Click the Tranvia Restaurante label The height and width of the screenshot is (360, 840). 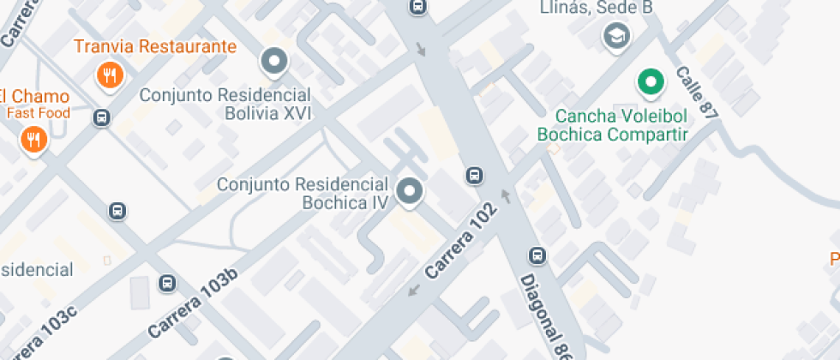(x=154, y=46)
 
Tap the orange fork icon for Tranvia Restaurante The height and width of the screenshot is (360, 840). (x=110, y=75)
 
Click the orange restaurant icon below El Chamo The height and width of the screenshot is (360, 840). (x=33, y=139)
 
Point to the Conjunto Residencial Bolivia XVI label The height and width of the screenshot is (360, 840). (x=224, y=103)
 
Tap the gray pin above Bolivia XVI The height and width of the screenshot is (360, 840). (x=274, y=62)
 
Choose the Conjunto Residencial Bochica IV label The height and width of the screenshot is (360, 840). (x=303, y=194)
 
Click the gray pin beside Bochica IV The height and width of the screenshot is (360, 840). (x=410, y=192)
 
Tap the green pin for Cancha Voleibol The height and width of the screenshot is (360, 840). (x=651, y=83)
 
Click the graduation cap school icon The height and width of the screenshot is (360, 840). (x=616, y=36)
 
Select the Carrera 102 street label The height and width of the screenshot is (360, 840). (x=459, y=241)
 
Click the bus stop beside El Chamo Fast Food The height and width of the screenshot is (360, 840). (x=102, y=117)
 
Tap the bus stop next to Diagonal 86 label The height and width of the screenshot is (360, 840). (x=537, y=255)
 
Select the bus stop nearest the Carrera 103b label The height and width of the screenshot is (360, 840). (x=168, y=283)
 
